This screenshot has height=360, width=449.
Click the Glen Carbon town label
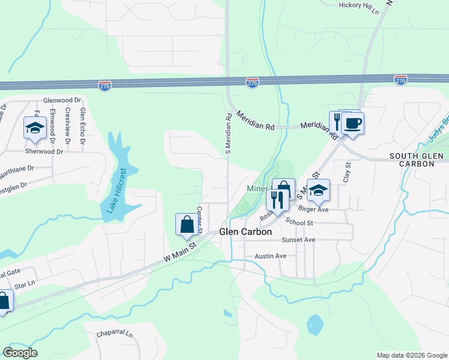246,232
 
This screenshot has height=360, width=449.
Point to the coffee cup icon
352,124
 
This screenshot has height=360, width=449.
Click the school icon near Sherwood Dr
35,128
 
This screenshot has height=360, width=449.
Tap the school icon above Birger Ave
318,191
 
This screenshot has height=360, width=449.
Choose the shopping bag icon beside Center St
187,225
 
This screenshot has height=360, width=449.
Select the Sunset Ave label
299,239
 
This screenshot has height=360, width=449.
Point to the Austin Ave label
271,256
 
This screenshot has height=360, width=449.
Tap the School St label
300,222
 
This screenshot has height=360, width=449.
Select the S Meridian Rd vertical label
228,134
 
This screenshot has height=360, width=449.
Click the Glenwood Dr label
62,100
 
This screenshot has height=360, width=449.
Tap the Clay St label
346,172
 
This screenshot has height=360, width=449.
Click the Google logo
20,353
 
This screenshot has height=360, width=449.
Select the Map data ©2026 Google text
411,355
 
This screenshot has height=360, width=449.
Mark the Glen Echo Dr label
83,127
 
